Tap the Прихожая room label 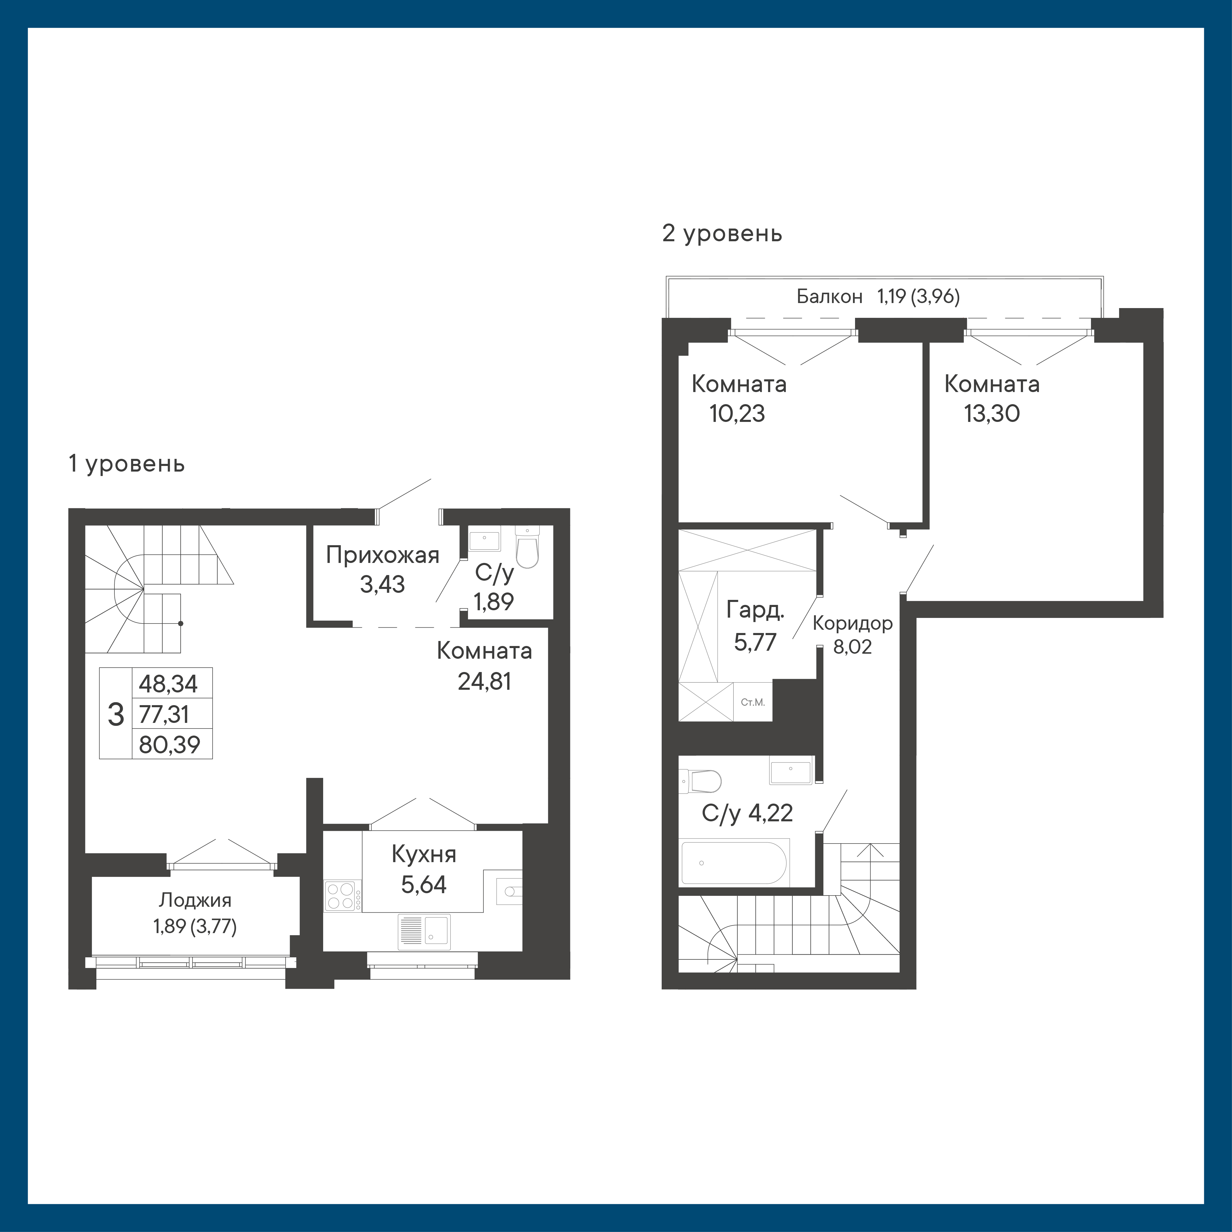click(383, 556)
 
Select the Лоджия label click(195, 900)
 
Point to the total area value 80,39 click(170, 744)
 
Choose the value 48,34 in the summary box click(168, 684)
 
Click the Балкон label click(830, 297)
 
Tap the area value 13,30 click(992, 414)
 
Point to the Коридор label click(853, 623)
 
